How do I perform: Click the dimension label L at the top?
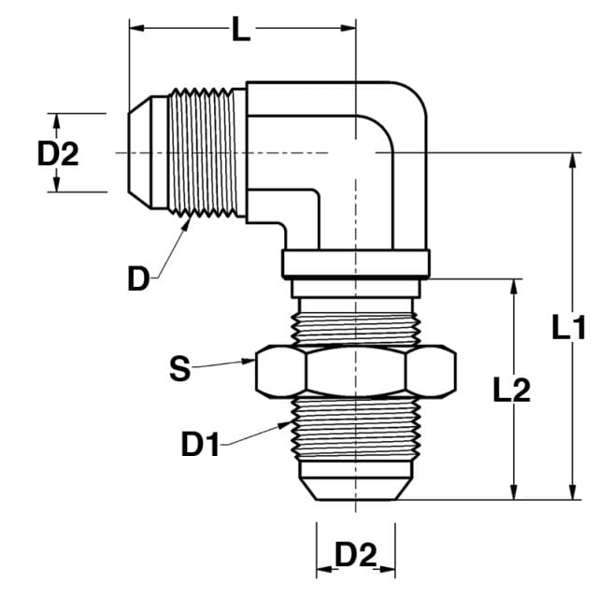click(x=241, y=29)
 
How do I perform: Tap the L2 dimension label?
click(x=511, y=390)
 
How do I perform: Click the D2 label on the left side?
click(x=58, y=153)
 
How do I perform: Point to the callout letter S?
click(x=179, y=368)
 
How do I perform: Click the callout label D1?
click(x=200, y=444)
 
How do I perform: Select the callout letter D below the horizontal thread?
click(x=138, y=278)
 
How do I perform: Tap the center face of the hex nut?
click(x=355, y=371)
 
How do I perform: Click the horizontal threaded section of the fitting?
click(x=206, y=152)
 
